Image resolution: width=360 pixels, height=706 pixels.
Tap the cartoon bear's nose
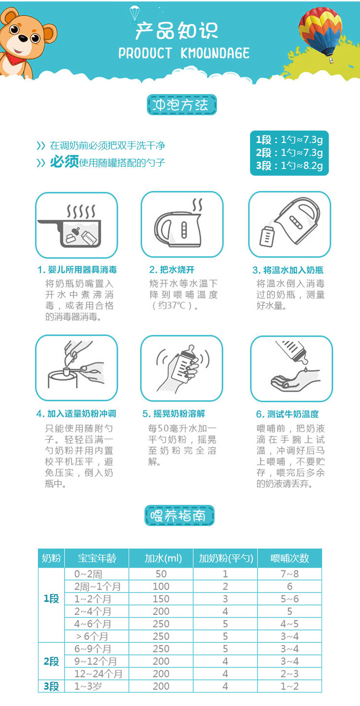pos(23,38)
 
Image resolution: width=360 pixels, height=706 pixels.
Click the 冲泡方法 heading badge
pos(181,105)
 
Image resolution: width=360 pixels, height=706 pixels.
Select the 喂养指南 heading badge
pos(180,515)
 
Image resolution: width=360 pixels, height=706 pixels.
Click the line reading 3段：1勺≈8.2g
pos(289,166)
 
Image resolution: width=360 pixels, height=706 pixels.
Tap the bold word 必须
pos(64,162)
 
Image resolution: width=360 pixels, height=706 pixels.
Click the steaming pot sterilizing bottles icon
pos(76,225)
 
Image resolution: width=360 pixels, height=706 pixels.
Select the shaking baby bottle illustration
pos(181,368)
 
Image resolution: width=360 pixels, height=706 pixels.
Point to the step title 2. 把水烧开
pos(172,270)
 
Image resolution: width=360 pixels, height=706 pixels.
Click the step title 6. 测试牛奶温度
pos(287,414)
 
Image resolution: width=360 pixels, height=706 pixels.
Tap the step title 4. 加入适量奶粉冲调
pos(76,414)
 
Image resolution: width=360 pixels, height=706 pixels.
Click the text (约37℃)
pos(172,305)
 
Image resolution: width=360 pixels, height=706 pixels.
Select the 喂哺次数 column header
pos(289,558)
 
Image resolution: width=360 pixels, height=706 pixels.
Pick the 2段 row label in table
pos(51,661)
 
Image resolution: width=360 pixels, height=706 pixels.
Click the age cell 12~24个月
pos(98,674)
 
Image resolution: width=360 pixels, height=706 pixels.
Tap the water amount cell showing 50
pos(161,574)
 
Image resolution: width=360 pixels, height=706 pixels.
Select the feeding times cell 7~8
pos(289,574)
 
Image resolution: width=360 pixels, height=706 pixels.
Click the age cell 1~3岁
pos(88,686)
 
